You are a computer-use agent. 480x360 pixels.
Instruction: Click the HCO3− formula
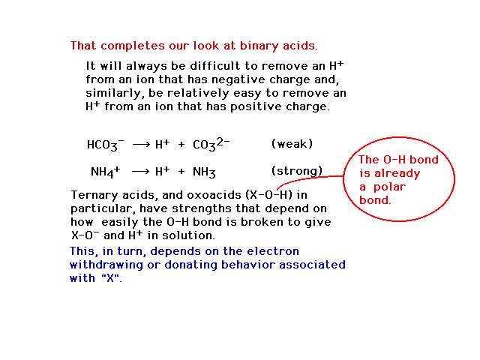(106, 145)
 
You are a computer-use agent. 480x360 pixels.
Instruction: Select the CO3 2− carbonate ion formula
(211, 144)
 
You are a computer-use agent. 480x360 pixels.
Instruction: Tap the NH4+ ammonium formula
(106, 172)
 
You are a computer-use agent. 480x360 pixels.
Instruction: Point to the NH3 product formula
(204, 172)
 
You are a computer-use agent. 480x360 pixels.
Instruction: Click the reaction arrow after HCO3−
(141, 145)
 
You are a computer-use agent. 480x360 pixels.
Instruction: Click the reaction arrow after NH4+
(140, 171)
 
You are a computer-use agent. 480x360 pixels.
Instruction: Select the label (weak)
(292, 143)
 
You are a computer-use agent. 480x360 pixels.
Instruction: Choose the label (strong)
(297, 170)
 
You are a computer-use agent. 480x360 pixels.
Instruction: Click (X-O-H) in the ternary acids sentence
(269, 195)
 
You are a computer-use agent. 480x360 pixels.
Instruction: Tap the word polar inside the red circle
(389, 187)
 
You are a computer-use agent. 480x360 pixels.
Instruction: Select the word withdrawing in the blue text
(106, 265)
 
